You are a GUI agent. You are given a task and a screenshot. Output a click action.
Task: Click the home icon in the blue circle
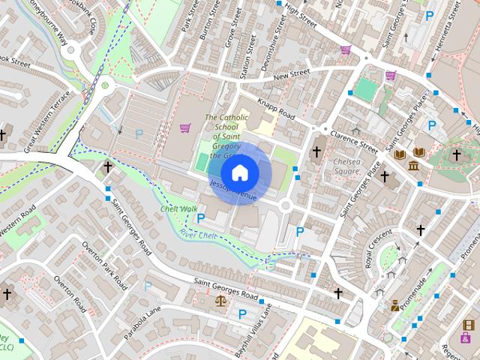coord(239,173)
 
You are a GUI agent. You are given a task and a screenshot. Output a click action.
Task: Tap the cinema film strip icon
coord(469,325)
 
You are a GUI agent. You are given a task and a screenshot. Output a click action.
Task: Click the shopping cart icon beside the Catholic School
coord(184,129)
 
